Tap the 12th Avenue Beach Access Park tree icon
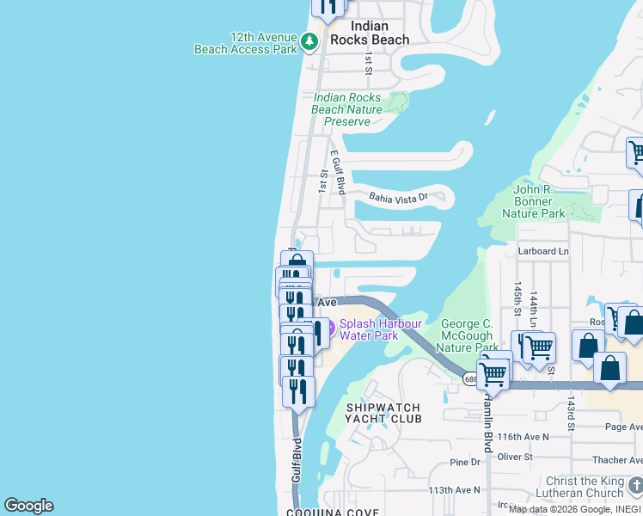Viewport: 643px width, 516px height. [x=309, y=40]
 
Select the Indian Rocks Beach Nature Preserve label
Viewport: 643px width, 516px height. [x=346, y=110]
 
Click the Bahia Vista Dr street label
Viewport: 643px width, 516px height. [x=398, y=198]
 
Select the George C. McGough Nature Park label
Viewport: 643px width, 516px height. [x=467, y=335]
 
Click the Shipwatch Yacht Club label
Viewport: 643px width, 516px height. [x=383, y=413]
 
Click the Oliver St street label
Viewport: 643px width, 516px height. [x=515, y=457]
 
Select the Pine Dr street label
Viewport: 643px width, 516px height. [x=465, y=463]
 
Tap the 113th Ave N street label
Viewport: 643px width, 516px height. [x=455, y=490]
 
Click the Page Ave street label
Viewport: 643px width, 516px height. [x=623, y=426]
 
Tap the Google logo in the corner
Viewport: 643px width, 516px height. [x=28, y=506]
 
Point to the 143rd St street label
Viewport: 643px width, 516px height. [x=570, y=413]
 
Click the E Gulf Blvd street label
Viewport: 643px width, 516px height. [x=339, y=170]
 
